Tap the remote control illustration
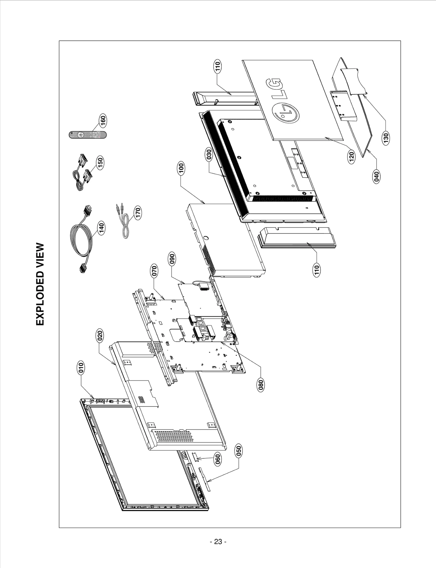pos(87,135)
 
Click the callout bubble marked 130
pos(386,137)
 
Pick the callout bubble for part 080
pos(261,385)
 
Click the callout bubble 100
pos(181,168)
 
